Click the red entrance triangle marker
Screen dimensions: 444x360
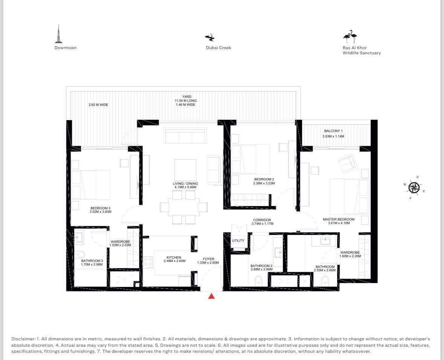tap(211, 296)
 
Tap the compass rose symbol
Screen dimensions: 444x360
tap(414, 188)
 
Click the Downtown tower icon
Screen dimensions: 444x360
tap(59, 34)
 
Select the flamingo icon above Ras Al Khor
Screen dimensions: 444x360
tap(350, 37)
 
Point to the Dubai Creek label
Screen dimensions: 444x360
tap(218, 47)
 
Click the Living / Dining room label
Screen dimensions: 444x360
tap(185, 183)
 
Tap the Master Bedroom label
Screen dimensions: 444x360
tap(339, 219)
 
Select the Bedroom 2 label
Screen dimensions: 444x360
tap(264, 179)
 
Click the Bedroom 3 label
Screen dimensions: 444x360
tap(100, 208)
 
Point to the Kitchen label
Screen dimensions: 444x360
tap(174, 258)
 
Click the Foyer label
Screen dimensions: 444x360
tap(208, 259)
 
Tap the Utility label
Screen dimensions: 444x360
tap(238, 241)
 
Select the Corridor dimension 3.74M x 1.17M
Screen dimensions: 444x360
tap(262, 224)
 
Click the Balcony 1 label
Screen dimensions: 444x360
tap(333, 131)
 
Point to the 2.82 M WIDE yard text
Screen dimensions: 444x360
tap(98, 105)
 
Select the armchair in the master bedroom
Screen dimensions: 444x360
tap(348, 164)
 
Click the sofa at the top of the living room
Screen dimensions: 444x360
tap(185, 136)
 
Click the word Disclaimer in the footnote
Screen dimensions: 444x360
tap(23, 339)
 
